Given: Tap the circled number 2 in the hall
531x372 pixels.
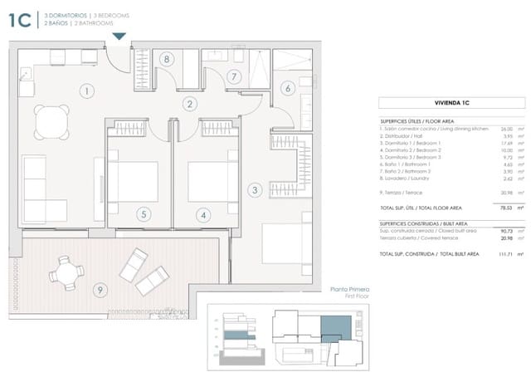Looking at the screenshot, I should click(190, 105).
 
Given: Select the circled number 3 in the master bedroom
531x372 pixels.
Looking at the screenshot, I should click(255, 190).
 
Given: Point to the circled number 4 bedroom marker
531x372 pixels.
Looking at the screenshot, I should click(201, 214).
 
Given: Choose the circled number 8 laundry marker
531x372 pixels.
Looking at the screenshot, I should click(167, 60).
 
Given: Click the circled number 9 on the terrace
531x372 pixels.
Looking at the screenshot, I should click(100, 290).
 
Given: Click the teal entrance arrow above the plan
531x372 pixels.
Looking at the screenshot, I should click(119, 36).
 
